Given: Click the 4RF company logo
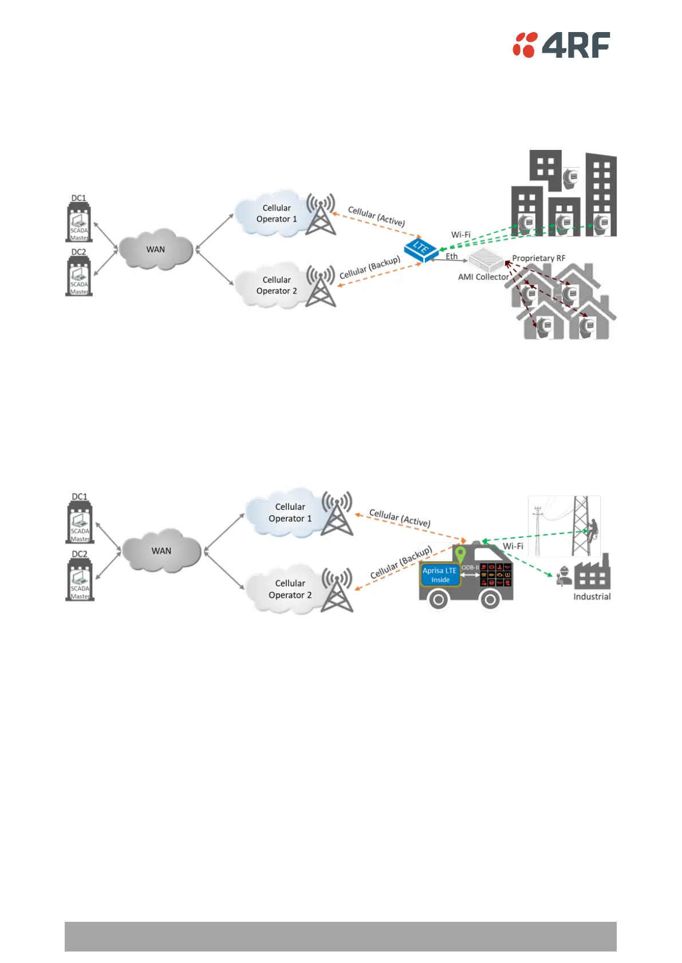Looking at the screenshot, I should pyautogui.click(x=561, y=45).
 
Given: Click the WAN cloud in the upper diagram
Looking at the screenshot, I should pyautogui.click(x=155, y=250).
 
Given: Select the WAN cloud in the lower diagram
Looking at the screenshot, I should pyautogui.click(x=161, y=551).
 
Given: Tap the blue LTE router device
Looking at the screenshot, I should pyautogui.click(x=421, y=249).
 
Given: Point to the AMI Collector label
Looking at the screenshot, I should pyautogui.click(x=483, y=277).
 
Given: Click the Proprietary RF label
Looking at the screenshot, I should pyautogui.click(x=538, y=258).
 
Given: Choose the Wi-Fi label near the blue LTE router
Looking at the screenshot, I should pyautogui.click(x=460, y=235).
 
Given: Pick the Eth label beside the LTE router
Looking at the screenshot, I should pyautogui.click(x=452, y=256).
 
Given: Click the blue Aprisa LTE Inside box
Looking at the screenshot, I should pyautogui.click(x=440, y=575).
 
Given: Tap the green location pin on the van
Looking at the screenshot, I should pyautogui.click(x=460, y=554).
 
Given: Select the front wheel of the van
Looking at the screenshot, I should pyautogui.click(x=490, y=600).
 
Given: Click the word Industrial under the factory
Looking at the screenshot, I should pyautogui.click(x=592, y=596).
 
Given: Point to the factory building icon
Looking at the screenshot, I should pyautogui.click(x=592, y=573).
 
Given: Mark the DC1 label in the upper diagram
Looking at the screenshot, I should pyautogui.click(x=78, y=198).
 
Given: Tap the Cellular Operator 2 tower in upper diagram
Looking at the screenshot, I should pyautogui.click(x=321, y=286).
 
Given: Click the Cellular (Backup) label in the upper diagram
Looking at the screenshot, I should pyautogui.click(x=370, y=267).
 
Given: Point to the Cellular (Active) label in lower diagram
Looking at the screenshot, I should pyautogui.click(x=400, y=518).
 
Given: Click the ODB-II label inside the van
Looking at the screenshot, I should pyautogui.click(x=470, y=568).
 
